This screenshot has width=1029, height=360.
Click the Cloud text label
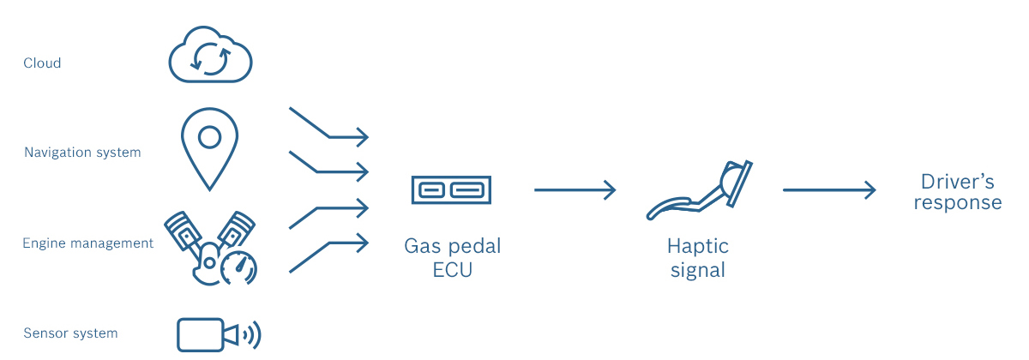pyautogui.click(x=42, y=63)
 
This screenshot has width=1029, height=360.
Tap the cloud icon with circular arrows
pyautogui.click(x=210, y=57)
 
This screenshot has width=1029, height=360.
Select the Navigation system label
pyautogui.click(x=82, y=153)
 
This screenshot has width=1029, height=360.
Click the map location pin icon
pyautogui.click(x=208, y=146)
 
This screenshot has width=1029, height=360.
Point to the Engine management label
pyautogui.click(x=87, y=243)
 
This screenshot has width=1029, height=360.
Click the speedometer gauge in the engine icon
pyautogui.click(x=238, y=268)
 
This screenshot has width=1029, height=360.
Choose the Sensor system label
pyautogui.click(x=70, y=333)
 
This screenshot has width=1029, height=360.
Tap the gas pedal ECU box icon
pyautogui.click(x=451, y=189)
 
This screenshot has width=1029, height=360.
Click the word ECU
pyautogui.click(x=452, y=270)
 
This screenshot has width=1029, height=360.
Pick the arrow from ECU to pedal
pyautogui.click(x=575, y=189)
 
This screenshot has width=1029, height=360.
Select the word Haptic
pyautogui.click(x=697, y=247)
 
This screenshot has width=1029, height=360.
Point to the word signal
pyautogui.click(x=697, y=270)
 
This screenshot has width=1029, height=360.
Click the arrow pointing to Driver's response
pyautogui.click(x=828, y=189)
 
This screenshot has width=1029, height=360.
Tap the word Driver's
pyautogui.click(x=957, y=182)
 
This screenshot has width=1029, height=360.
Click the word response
pyautogui.click(x=957, y=203)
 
